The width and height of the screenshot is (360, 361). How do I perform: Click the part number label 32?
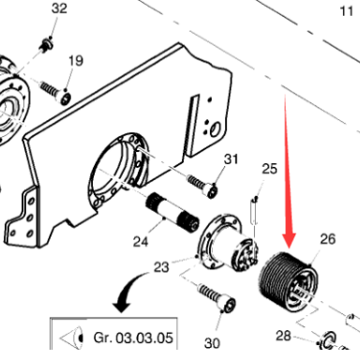tap(59, 8)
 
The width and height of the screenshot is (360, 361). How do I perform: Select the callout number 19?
tap(76, 61)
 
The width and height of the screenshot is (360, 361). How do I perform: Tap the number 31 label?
tap(231, 159)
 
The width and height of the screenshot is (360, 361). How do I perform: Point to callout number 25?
tap(269, 169)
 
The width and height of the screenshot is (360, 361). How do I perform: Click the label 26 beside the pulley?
tap(328, 239)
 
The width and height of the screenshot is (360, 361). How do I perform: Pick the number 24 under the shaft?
tap(141, 242)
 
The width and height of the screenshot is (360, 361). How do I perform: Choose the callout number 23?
tap(161, 267)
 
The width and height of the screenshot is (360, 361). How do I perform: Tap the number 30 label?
tap(212, 343)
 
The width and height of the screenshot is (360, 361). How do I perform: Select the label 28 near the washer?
tap(283, 336)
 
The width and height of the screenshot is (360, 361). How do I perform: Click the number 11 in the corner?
tap(346, 11)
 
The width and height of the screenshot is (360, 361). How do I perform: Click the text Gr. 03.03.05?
tap(133, 338)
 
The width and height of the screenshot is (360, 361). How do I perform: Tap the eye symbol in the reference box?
tap(72, 338)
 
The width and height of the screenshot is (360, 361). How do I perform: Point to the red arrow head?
tap(289, 240)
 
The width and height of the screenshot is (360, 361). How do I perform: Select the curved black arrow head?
tap(121, 306)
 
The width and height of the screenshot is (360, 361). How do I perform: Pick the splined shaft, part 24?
tap(172, 213)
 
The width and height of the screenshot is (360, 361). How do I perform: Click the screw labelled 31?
tap(202, 186)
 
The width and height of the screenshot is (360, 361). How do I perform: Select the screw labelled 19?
tap(55, 93)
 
